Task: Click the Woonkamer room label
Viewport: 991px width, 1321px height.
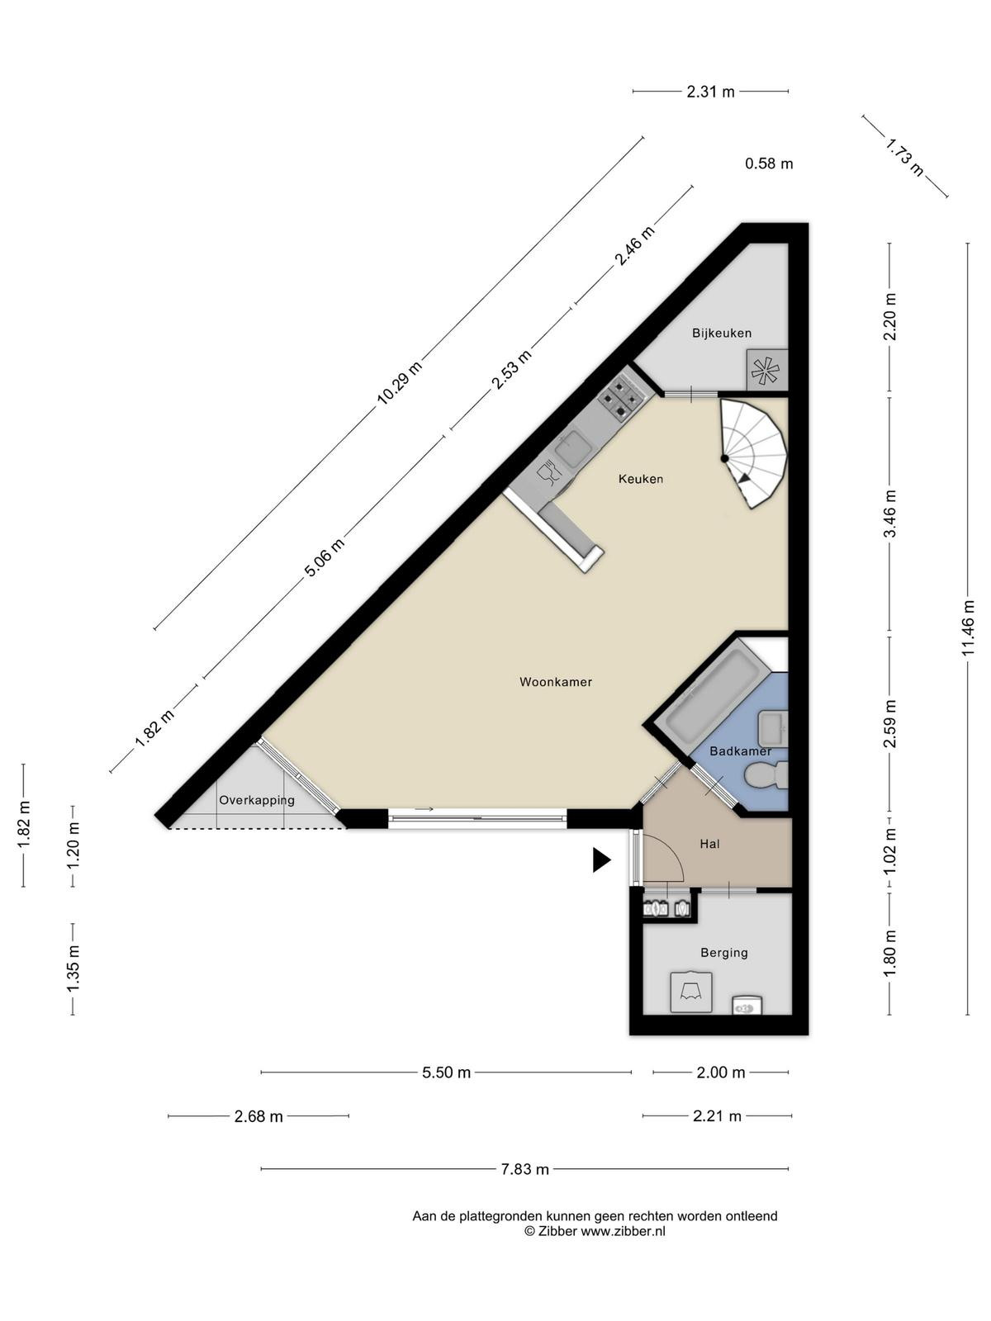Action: coord(555,682)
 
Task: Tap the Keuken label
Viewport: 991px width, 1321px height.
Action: coord(641,479)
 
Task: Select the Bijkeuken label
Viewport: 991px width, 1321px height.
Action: coord(722,333)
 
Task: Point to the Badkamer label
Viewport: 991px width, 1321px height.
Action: coord(740,751)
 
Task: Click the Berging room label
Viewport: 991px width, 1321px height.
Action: coord(724,953)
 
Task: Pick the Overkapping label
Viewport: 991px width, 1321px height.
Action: coord(257,800)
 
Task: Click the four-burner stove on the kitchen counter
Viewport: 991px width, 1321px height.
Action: coord(619,397)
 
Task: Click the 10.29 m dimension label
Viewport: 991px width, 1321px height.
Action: coord(398,383)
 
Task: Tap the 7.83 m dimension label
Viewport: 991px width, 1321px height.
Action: coord(525,1169)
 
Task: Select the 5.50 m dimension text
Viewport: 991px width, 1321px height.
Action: coord(446,1072)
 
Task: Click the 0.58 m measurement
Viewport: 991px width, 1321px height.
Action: coord(769,163)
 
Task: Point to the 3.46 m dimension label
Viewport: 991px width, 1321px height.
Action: coord(890,514)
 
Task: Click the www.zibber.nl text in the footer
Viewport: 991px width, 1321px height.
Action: coord(624,1231)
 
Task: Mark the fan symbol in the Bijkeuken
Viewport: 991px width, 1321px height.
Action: coord(766,370)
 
